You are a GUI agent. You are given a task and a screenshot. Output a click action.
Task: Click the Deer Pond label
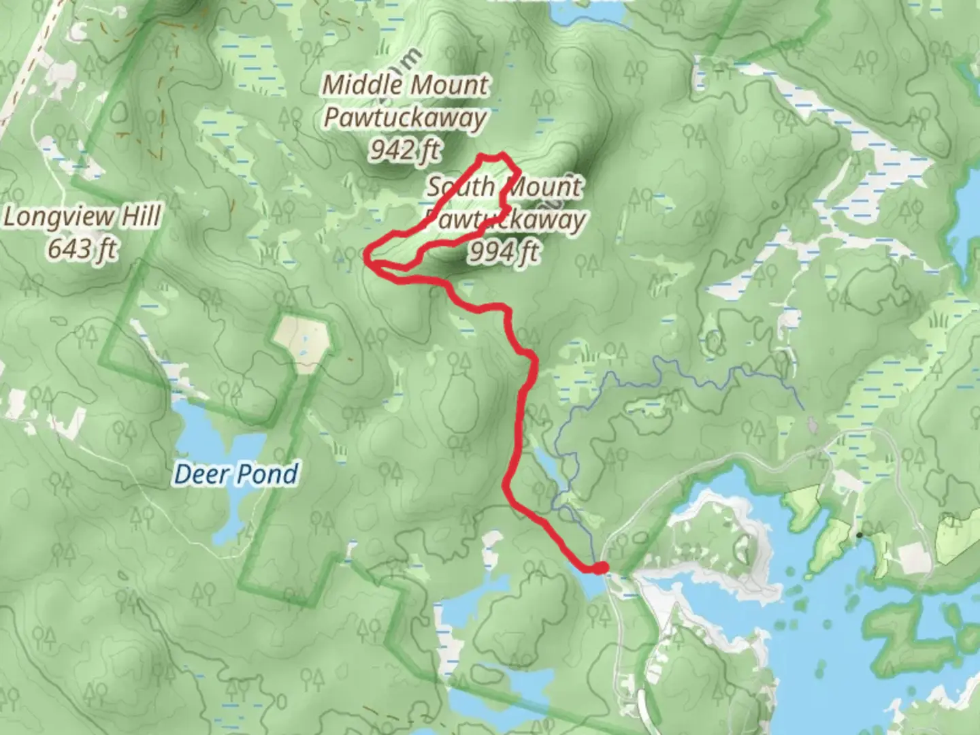coord(236,474)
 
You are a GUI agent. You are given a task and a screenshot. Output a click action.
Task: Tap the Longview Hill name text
coord(82,217)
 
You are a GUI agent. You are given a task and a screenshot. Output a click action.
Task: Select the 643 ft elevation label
coord(82,249)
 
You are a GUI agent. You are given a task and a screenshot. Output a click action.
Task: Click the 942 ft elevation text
coord(406,150)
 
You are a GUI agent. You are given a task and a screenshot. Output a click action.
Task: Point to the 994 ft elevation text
coord(504,252)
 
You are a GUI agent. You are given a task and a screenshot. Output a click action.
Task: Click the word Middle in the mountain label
coord(362,85)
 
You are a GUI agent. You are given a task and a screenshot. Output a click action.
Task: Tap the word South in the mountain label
coord(460,186)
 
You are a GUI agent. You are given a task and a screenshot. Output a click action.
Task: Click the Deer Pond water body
coord(204,436)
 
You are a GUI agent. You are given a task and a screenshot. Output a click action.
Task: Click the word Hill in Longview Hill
coord(142,217)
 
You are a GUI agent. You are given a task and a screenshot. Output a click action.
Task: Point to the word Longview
coord(59,218)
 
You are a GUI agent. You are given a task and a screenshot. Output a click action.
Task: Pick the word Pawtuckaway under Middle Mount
coord(405,118)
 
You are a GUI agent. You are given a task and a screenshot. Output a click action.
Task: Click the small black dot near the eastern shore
coord(859,535)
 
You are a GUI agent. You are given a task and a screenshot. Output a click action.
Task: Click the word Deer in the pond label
coord(199,474)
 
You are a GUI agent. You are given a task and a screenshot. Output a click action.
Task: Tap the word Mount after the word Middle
coord(448,85)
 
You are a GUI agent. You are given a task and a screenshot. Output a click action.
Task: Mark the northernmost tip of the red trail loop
coord(502,154)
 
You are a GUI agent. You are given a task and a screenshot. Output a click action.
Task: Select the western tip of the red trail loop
coord(367,257)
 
